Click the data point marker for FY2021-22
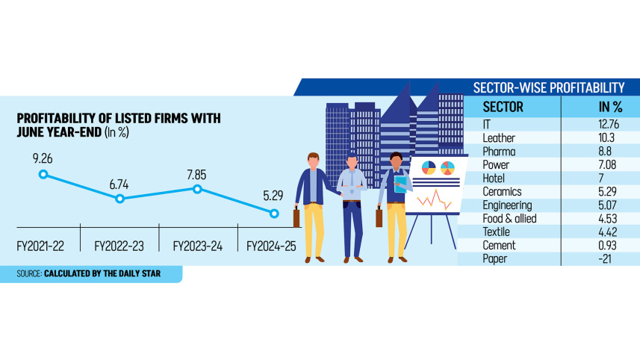tap(43, 174)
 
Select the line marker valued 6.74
tap(120, 199)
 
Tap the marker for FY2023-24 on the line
tap(197, 189)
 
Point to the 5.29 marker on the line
tap(274, 214)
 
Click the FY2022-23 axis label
tap(119, 245)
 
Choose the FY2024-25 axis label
tap(273, 245)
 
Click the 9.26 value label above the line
tap(43, 158)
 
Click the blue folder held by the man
tap(400, 184)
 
